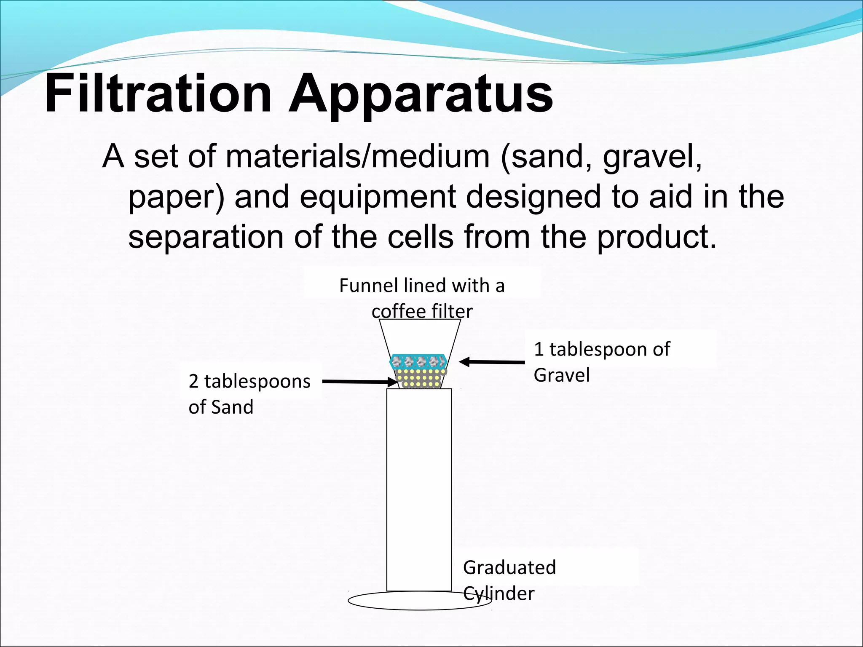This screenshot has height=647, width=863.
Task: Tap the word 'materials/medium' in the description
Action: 357,157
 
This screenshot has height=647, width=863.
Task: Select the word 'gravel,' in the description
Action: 652,158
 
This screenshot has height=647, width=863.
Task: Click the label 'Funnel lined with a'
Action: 422,286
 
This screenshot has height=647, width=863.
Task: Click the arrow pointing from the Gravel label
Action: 491,362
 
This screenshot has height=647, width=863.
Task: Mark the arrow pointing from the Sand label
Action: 360,382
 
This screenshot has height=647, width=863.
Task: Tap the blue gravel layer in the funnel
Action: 418,361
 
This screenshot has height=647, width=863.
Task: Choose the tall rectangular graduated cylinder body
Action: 419,489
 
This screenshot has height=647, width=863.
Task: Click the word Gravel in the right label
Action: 561,375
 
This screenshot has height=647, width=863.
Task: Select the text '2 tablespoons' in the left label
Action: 249,382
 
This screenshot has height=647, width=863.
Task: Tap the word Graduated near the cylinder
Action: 509,567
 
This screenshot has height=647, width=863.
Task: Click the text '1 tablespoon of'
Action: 601,349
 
